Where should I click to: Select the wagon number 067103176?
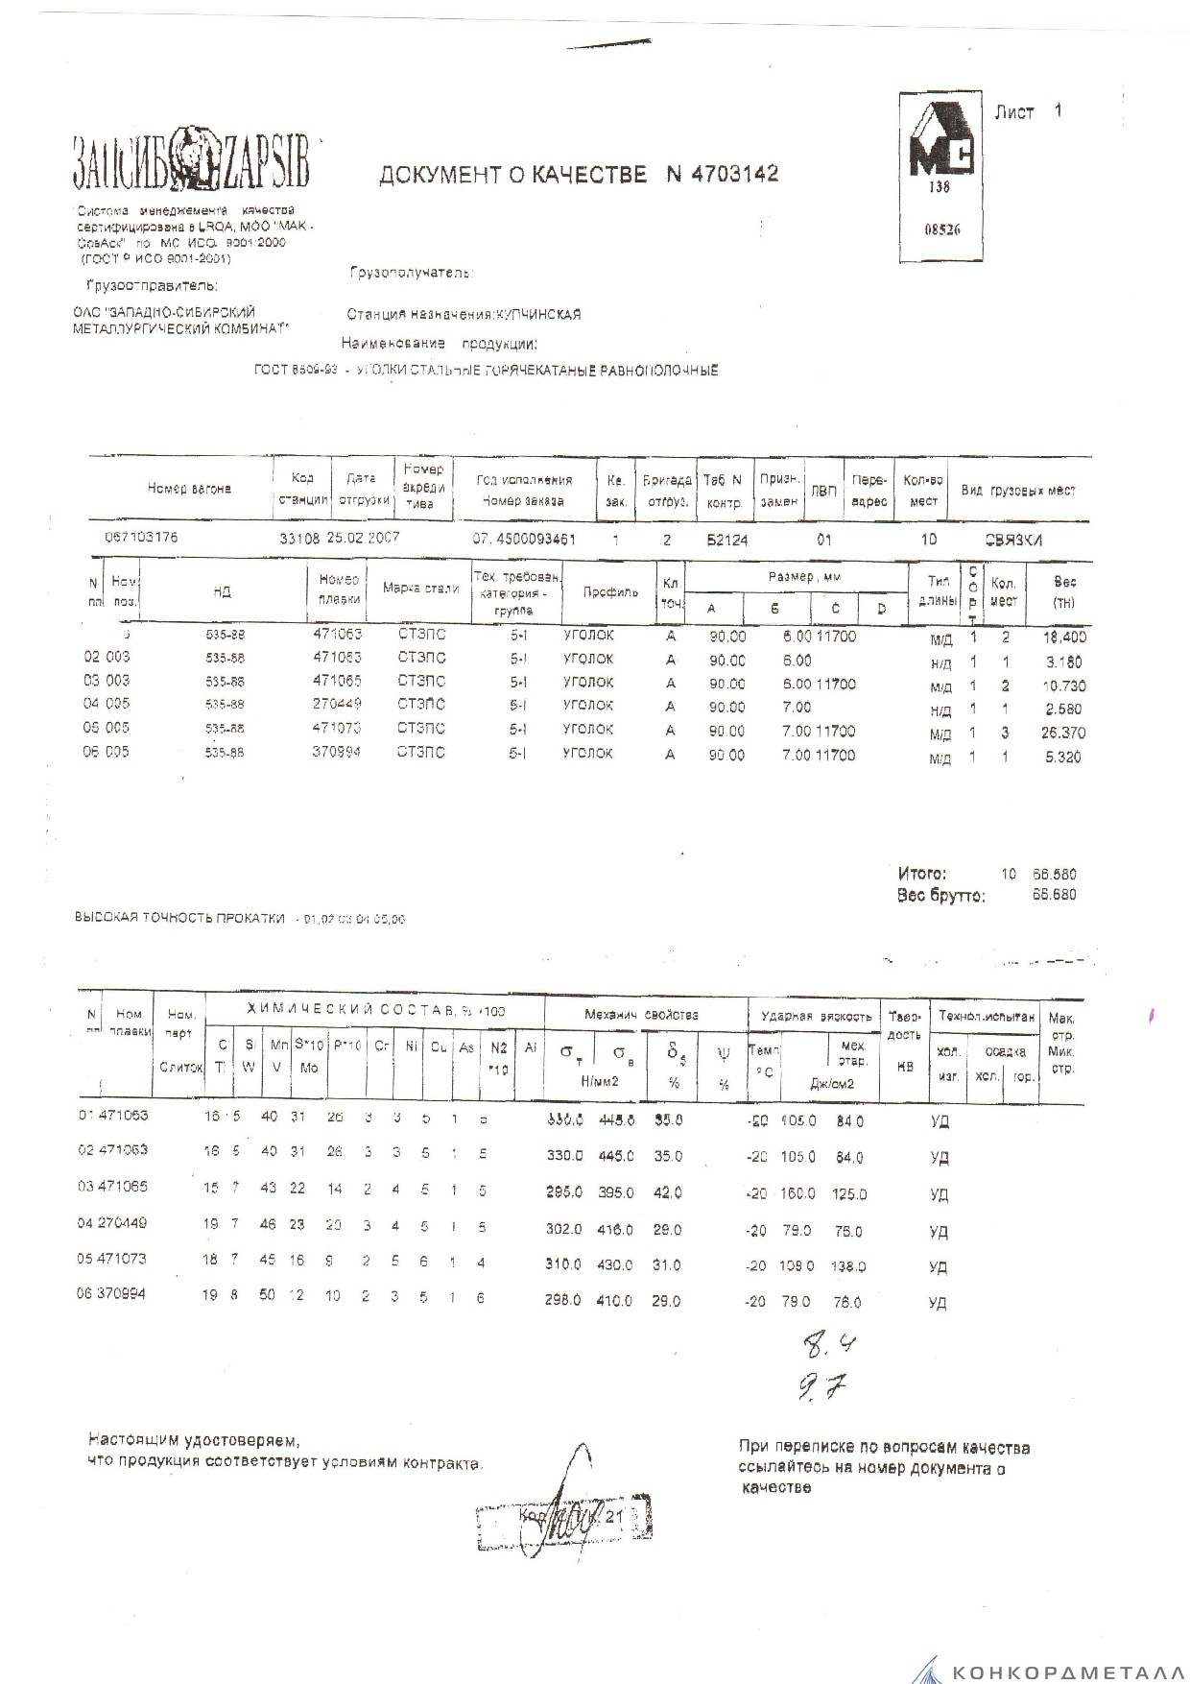click(141, 538)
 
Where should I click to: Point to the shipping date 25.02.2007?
click(364, 538)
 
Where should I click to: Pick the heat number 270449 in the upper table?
click(337, 706)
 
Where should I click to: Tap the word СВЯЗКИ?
click(1013, 540)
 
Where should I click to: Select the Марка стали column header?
click(420, 589)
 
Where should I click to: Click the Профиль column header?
click(610, 591)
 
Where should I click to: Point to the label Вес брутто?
click(940, 895)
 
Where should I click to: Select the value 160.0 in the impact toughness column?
click(797, 1193)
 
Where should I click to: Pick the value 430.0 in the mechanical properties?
click(615, 1265)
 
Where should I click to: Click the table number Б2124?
click(726, 540)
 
